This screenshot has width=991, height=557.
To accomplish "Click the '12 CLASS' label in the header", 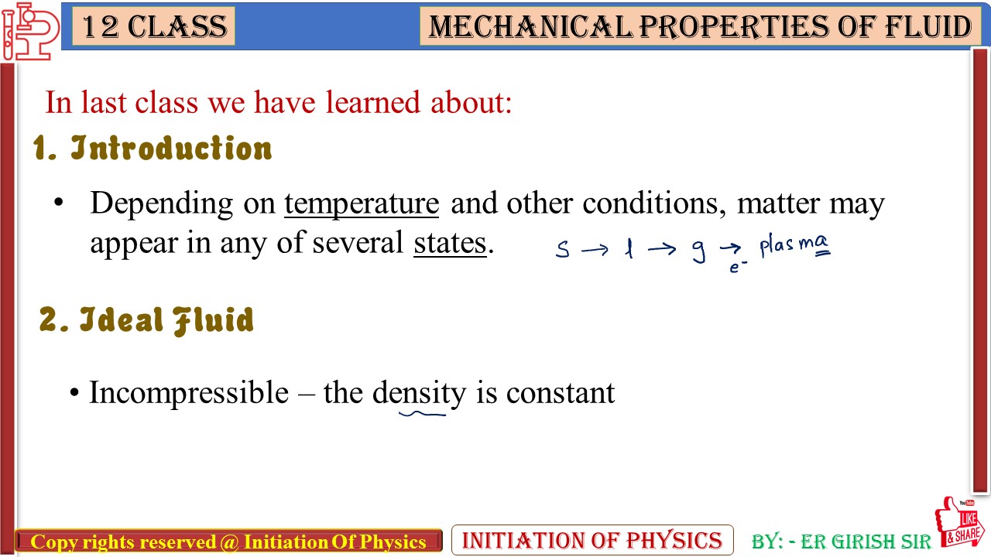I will click(153, 27).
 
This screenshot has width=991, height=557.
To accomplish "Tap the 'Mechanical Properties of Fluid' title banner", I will click(700, 27).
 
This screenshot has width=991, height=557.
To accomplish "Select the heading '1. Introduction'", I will click(153, 148).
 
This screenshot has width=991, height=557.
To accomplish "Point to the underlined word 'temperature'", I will click(362, 203).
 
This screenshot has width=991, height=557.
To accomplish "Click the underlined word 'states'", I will click(450, 243).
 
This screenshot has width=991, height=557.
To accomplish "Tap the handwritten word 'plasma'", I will click(794, 246).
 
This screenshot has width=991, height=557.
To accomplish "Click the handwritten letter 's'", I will click(563, 250).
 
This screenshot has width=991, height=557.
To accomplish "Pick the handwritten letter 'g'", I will click(698, 251).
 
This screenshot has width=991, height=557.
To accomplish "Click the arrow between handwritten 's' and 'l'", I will click(595, 250).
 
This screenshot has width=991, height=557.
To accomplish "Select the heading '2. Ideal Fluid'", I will click(146, 320).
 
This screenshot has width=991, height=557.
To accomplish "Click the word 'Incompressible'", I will click(189, 393).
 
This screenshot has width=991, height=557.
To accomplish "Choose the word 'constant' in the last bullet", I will click(560, 393).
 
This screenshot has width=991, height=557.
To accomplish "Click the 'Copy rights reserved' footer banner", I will click(228, 542).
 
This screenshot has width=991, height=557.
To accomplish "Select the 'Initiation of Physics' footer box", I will click(592, 540).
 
